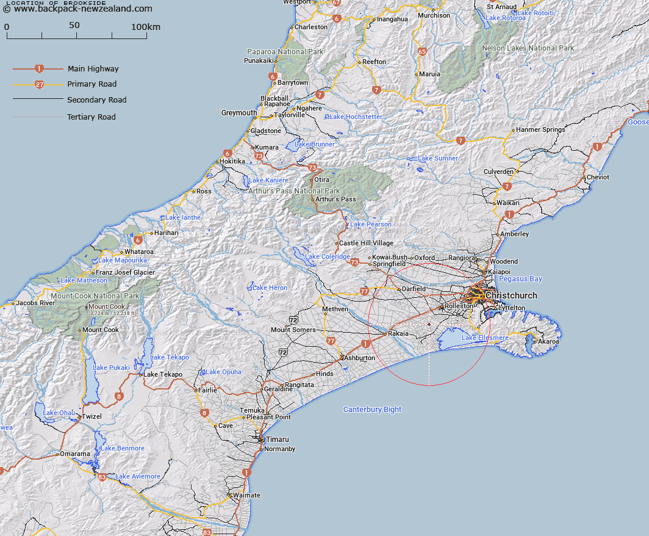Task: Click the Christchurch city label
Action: click(511, 295)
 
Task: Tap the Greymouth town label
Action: click(239, 113)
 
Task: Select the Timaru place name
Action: click(277, 439)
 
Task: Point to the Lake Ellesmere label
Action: click(485, 338)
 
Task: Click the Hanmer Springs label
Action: click(540, 129)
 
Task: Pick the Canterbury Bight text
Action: click(372, 409)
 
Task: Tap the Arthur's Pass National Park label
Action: click(294, 191)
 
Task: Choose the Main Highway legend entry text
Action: click(93, 69)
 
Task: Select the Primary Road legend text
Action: click(91, 84)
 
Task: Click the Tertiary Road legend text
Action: click(91, 117)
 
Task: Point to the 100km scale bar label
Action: click(146, 27)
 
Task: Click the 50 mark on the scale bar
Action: click(74, 26)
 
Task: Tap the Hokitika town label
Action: click(232, 161)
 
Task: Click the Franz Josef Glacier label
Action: click(125, 272)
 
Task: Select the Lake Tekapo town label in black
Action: click(163, 374)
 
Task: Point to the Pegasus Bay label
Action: click(520, 279)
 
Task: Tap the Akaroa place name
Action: click(548, 341)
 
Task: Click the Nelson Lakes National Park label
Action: click(528, 48)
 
